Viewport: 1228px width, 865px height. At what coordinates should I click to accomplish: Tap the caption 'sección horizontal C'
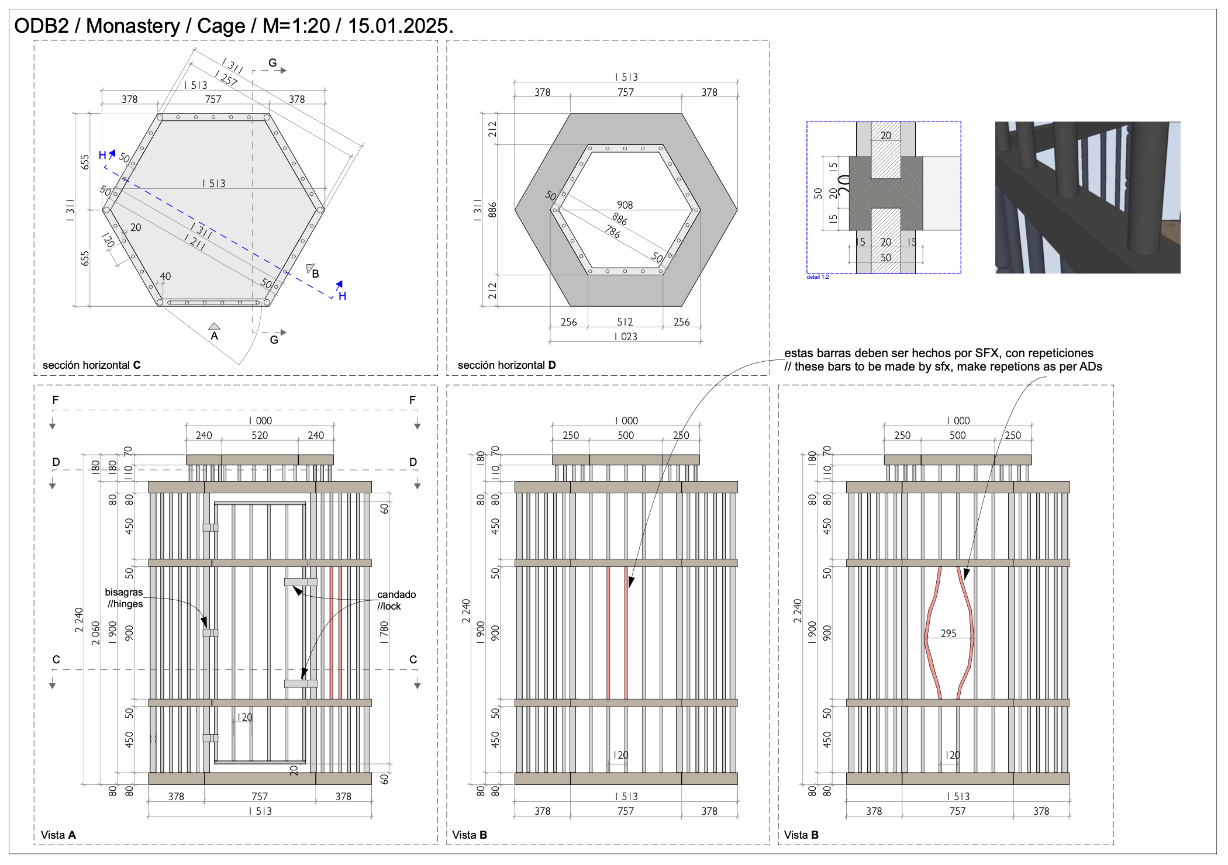coord(92,365)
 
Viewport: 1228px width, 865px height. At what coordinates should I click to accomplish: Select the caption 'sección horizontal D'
coord(506,365)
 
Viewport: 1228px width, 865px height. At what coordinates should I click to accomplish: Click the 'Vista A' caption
coord(58,835)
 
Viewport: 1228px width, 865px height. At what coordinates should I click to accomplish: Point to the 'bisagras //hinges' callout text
coord(124,598)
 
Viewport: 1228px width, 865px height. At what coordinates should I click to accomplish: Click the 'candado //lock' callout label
coord(396,600)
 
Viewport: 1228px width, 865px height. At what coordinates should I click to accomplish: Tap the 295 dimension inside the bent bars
coord(948,633)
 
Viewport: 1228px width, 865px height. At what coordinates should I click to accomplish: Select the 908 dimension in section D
coord(625,205)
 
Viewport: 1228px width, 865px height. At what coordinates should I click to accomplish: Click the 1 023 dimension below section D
coord(626,336)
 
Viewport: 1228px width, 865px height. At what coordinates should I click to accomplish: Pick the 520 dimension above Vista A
coord(260,435)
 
